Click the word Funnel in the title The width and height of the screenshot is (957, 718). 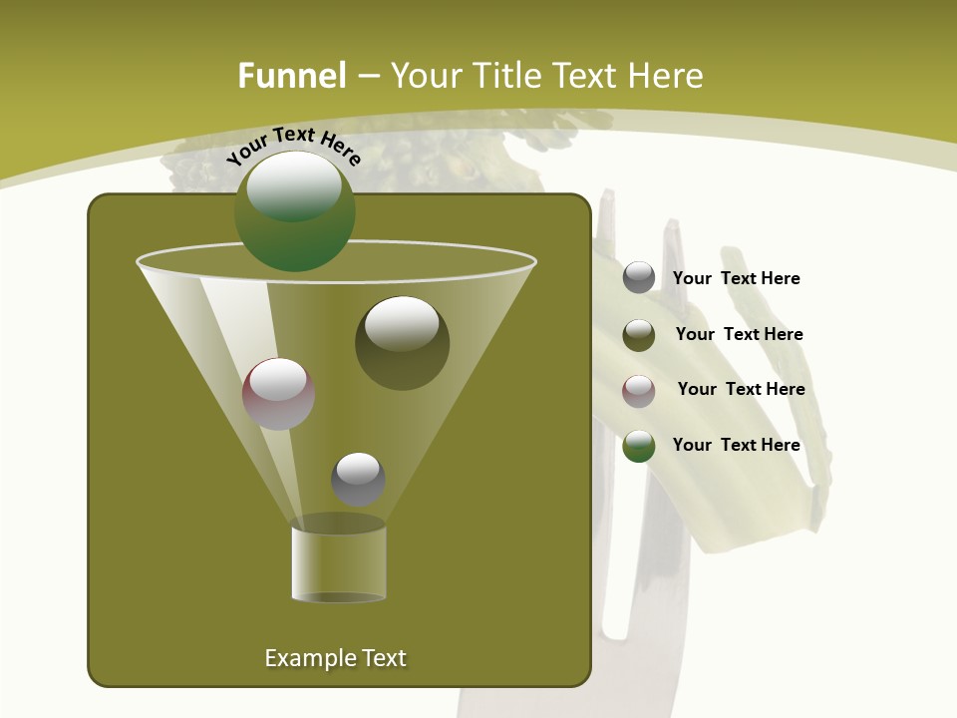[292, 76]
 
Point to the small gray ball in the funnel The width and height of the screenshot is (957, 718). [358, 480]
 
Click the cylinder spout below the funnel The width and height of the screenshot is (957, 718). [339, 563]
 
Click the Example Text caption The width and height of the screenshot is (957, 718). [335, 658]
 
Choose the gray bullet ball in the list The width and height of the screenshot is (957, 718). [639, 278]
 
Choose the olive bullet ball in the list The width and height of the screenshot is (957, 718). [639, 335]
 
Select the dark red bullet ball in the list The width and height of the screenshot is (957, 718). [639, 391]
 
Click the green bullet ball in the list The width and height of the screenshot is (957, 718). [639, 446]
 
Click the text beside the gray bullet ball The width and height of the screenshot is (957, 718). [736, 279]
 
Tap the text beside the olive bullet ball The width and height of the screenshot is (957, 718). [739, 335]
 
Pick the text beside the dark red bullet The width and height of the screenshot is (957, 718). [741, 390]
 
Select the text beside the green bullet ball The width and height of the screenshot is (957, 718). [736, 446]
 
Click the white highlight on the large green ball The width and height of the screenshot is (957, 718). [294, 186]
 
